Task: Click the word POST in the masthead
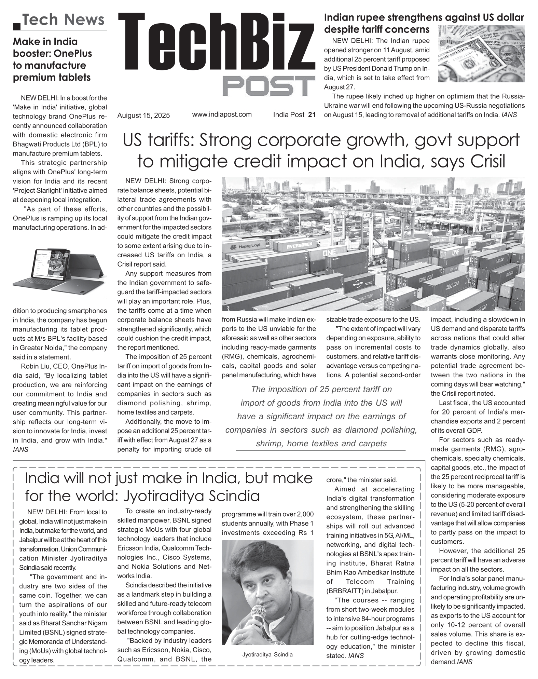(x=269, y=86)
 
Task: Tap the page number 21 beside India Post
(x=312, y=115)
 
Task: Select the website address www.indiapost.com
(x=222, y=114)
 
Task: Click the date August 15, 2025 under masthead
(x=143, y=116)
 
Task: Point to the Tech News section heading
(x=64, y=20)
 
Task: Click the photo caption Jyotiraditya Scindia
(x=267, y=655)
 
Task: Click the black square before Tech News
(x=16, y=26)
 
